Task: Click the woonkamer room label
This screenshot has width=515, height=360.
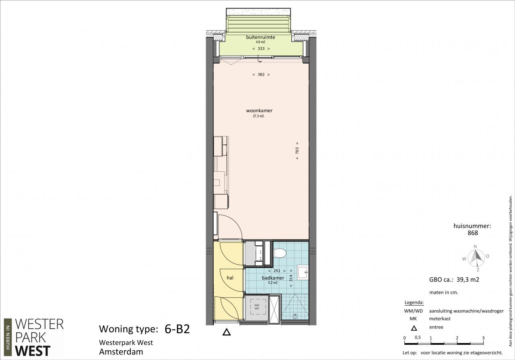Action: click(x=259, y=111)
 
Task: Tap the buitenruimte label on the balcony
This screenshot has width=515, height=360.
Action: click(x=260, y=37)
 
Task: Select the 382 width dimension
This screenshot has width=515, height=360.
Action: click(x=261, y=74)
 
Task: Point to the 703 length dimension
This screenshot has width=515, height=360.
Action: click(x=297, y=150)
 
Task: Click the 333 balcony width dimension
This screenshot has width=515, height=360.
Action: click(x=261, y=49)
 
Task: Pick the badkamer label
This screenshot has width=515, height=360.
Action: click(x=273, y=278)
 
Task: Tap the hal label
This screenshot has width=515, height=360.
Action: click(x=230, y=278)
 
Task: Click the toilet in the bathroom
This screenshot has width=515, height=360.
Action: click(x=280, y=253)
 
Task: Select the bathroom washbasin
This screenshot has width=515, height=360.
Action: click(x=303, y=272)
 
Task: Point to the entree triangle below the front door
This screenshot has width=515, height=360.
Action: click(x=227, y=332)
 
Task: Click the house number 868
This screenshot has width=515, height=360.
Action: click(x=473, y=233)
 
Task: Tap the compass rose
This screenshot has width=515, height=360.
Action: click(x=476, y=259)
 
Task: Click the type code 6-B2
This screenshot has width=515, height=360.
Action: click(x=177, y=329)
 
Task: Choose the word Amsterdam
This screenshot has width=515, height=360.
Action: click(x=121, y=352)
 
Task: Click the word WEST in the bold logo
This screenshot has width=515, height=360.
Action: click(x=33, y=351)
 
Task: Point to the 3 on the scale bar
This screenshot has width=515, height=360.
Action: click(x=483, y=338)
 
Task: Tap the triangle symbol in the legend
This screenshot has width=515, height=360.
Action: click(x=414, y=328)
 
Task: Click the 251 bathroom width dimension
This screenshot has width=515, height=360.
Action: click(x=277, y=271)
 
